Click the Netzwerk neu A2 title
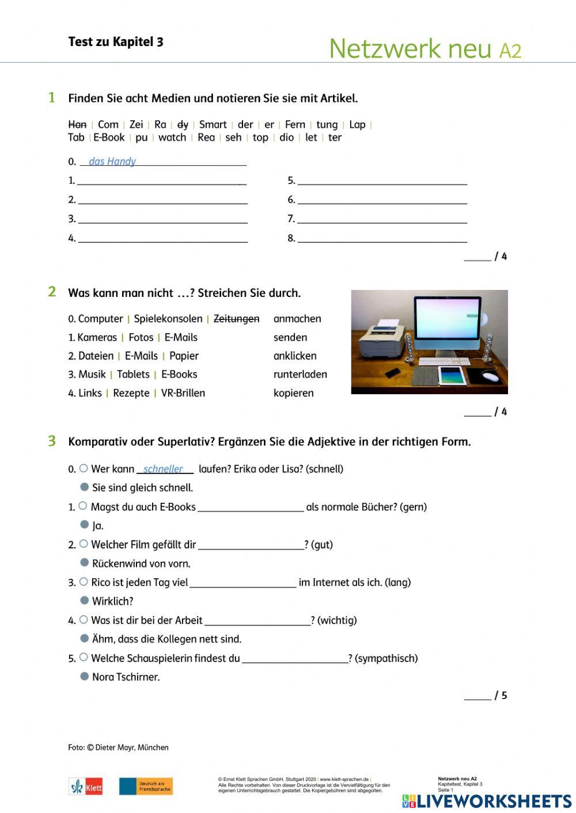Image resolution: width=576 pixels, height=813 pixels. (x=425, y=49)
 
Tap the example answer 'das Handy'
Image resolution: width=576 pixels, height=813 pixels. (x=112, y=162)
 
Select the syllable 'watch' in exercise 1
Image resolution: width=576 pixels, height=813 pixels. (x=172, y=138)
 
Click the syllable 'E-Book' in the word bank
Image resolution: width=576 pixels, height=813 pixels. (x=109, y=138)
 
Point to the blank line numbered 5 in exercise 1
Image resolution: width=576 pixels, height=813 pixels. (x=382, y=181)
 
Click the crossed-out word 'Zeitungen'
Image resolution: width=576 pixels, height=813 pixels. (x=236, y=319)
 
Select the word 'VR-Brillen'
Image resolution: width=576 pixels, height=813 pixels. (x=183, y=394)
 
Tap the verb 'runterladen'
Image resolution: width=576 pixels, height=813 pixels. (x=300, y=375)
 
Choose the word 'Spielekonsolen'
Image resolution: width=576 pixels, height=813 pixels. (x=168, y=319)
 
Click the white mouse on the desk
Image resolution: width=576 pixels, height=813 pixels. (x=490, y=377)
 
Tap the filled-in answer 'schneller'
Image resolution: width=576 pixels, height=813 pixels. (x=163, y=469)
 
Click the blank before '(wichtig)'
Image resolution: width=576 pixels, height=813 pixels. (x=257, y=621)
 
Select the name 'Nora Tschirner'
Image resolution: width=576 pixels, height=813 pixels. (x=126, y=677)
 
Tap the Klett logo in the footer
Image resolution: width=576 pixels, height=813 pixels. (x=86, y=787)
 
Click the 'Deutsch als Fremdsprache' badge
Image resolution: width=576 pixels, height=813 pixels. (x=146, y=787)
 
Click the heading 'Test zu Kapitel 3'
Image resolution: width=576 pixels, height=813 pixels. (x=116, y=42)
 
